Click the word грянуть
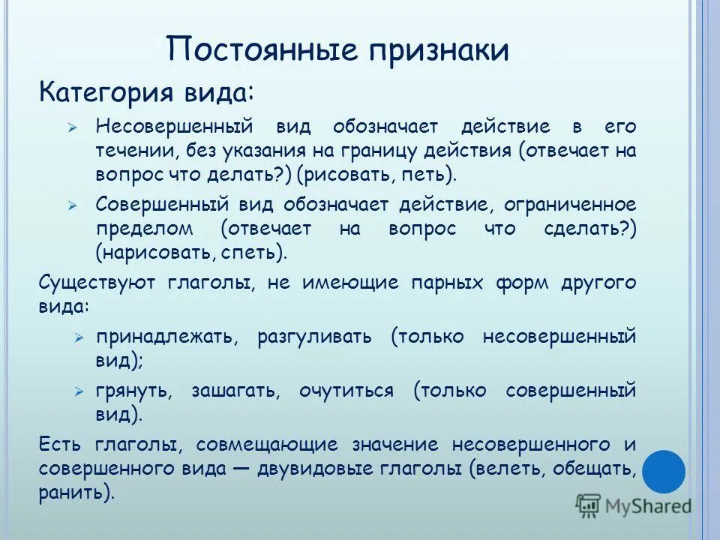tap(134, 390)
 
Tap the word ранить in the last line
tap(72, 493)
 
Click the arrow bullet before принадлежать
tap(79, 337)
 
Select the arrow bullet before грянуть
tap(79, 391)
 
